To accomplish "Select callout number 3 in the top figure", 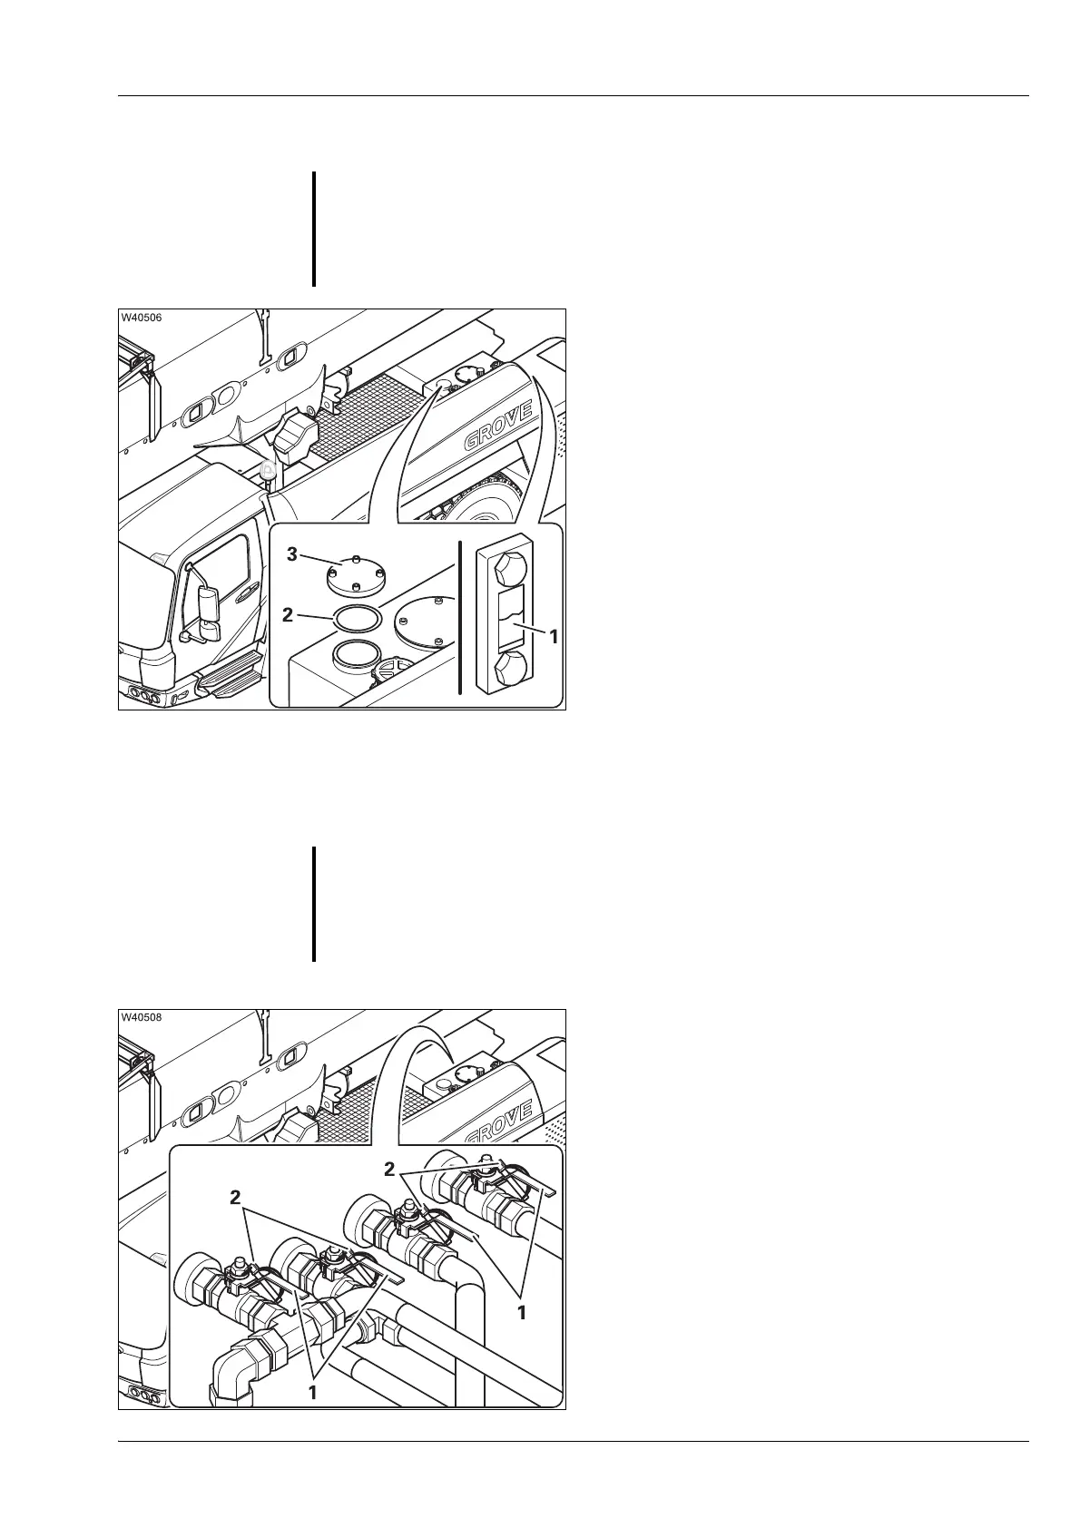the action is [292, 555].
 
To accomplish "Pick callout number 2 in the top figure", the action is [288, 614].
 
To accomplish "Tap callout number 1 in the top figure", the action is [552, 636].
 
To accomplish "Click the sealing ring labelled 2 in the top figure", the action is [357, 618].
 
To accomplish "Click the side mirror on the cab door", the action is [209, 606].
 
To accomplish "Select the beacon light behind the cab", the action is [268, 472].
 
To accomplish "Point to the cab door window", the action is [221, 566].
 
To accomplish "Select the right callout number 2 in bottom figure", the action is [389, 1170].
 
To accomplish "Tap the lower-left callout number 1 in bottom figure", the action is [311, 1416].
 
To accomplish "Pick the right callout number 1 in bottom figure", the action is [522, 1311].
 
